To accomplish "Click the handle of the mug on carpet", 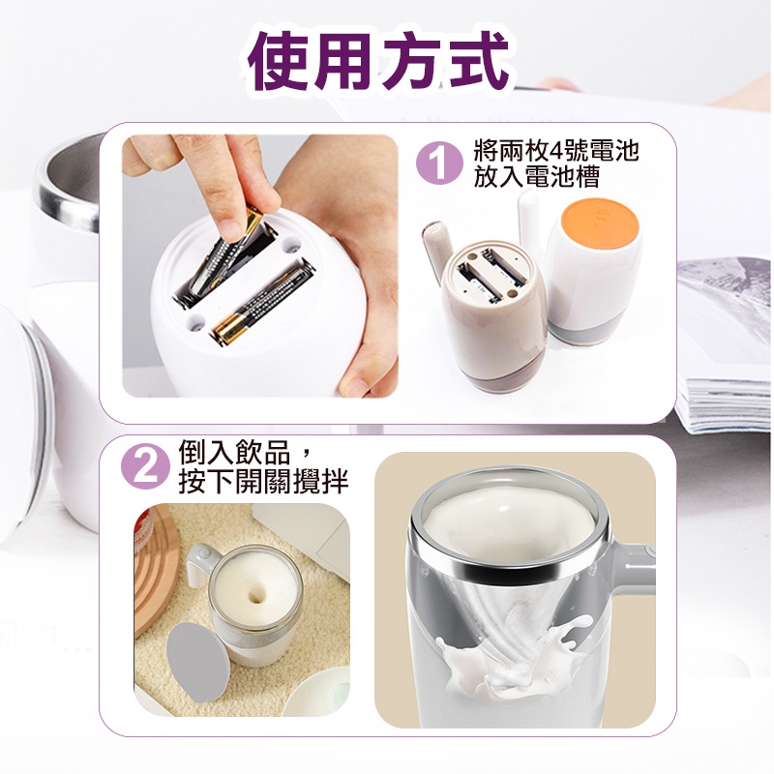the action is (x=201, y=564).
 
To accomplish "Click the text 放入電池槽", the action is (x=537, y=176).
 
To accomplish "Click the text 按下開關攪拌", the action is (x=263, y=480).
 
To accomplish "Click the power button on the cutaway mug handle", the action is (x=650, y=549).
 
